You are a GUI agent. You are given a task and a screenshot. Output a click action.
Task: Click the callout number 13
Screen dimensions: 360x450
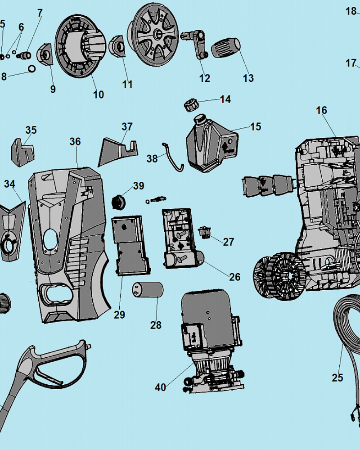click(x=248, y=78)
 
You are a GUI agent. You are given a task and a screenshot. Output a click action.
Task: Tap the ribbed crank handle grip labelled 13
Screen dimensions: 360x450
click(x=226, y=47)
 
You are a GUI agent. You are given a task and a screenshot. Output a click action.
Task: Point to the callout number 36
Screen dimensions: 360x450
click(x=75, y=141)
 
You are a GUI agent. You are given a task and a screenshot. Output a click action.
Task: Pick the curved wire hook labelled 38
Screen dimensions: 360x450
click(x=173, y=157)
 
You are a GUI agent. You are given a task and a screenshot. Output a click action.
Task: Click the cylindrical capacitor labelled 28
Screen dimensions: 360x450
click(x=148, y=290)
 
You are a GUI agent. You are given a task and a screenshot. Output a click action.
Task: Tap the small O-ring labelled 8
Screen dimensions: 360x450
click(x=32, y=68)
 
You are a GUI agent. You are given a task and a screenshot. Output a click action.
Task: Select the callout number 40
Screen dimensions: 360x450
click(x=161, y=387)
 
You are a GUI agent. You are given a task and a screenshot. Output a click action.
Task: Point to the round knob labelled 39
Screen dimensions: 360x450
click(x=118, y=202)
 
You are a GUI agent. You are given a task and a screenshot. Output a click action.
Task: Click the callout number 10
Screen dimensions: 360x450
click(x=99, y=94)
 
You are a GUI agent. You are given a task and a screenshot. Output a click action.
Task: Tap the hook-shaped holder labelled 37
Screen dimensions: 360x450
click(x=118, y=152)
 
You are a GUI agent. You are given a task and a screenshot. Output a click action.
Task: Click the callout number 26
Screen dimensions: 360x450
click(x=234, y=277)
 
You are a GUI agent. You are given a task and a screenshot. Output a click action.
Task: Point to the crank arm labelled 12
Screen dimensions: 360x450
click(x=194, y=44)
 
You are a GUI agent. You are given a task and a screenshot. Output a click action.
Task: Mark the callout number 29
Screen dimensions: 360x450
click(x=119, y=315)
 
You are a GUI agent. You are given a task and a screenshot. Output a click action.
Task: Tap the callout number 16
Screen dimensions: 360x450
click(x=322, y=110)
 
